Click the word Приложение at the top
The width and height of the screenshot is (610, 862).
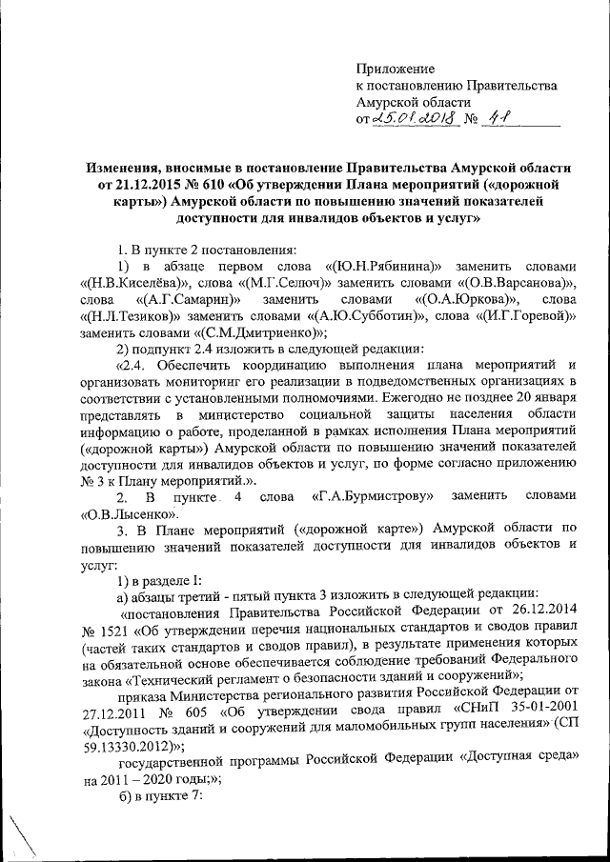click(x=396, y=69)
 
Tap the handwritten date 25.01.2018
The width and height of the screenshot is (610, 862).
click(x=415, y=119)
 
